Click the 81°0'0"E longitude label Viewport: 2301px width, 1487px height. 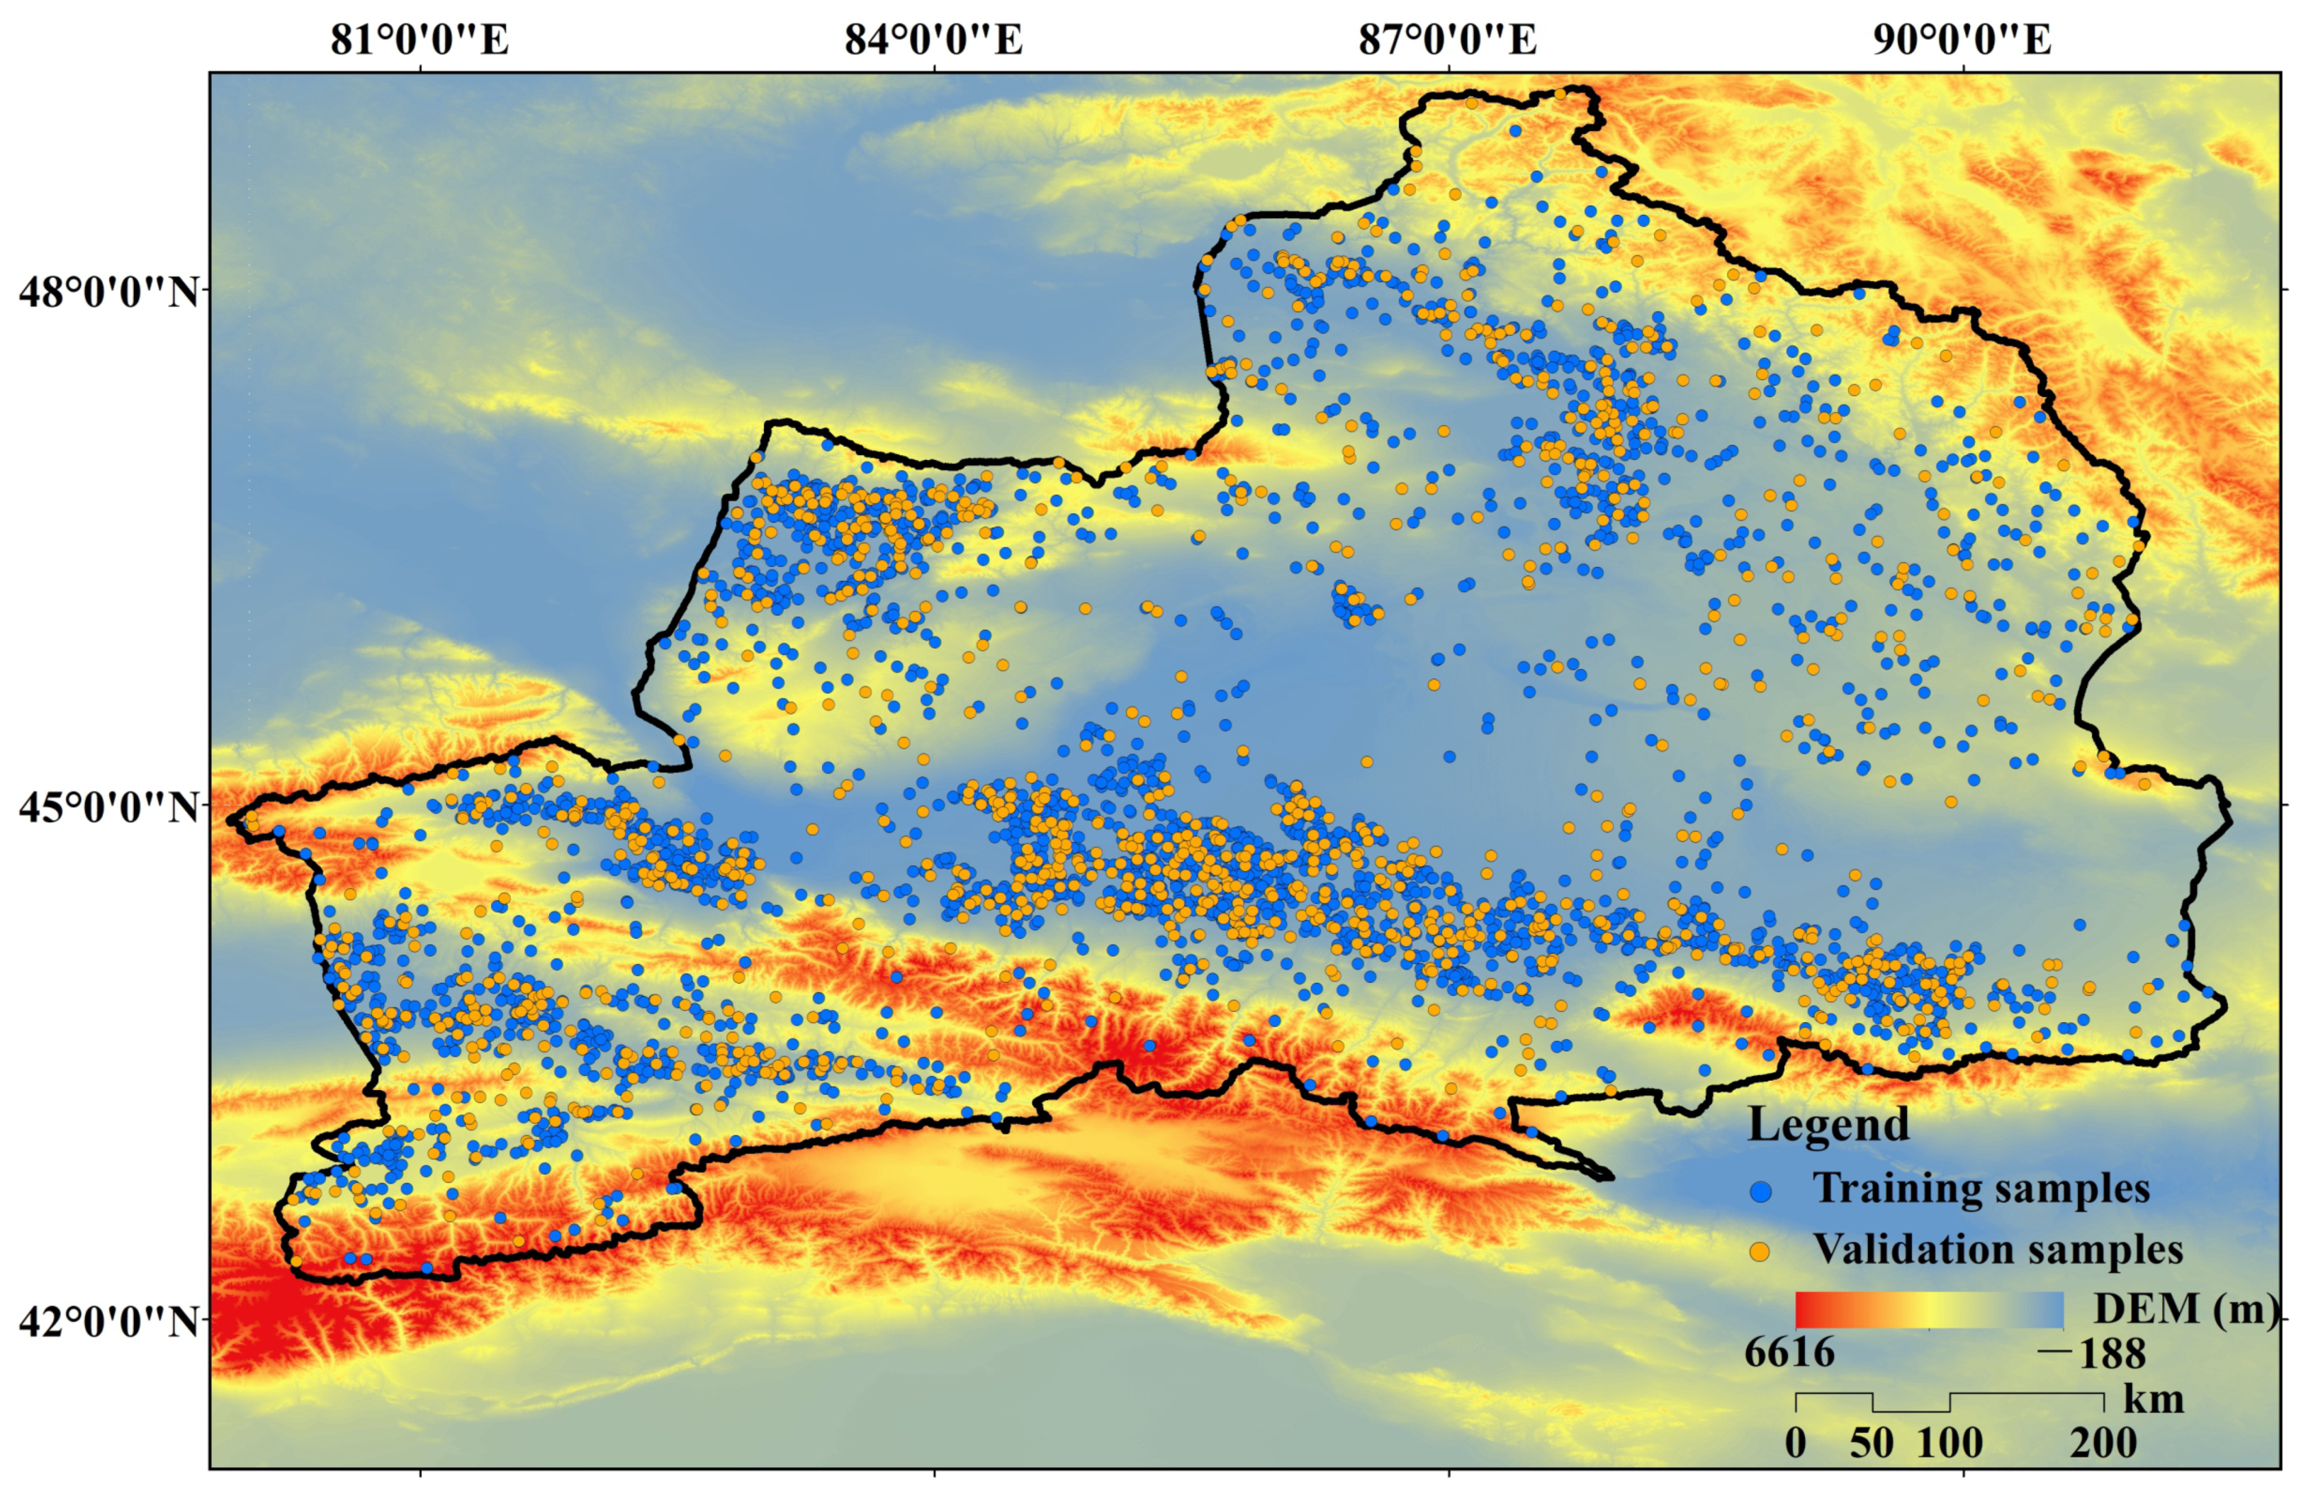(419, 40)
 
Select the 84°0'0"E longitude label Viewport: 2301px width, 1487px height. (933, 40)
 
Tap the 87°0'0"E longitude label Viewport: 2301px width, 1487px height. (1448, 40)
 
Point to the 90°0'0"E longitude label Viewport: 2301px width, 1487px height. (1962, 40)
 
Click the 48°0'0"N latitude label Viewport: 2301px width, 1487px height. (108, 291)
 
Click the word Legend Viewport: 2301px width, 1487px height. (1828, 1125)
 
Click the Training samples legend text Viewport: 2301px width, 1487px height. (1981, 1189)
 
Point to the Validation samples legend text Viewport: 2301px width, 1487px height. (1998, 1250)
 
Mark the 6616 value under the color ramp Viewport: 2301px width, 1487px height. (1789, 1353)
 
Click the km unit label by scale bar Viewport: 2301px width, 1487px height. (2154, 1399)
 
